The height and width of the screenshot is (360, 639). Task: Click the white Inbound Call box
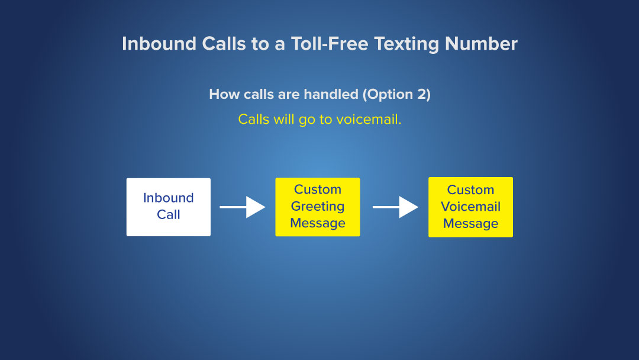(x=168, y=207)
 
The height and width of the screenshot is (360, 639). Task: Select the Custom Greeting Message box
(x=318, y=207)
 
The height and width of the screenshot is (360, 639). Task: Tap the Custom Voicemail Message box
(x=471, y=207)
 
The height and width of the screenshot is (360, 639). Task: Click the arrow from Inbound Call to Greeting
(x=243, y=207)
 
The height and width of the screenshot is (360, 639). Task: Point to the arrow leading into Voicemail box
(x=395, y=207)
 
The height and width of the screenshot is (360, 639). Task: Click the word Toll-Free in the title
(x=330, y=44)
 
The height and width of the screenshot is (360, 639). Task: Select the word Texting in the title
(x=406, y=44)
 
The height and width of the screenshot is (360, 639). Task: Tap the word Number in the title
(x=481, y=44)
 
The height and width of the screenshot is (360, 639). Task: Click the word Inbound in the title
(x=159, y=44)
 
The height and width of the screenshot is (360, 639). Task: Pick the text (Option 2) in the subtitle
(x=396, y=95)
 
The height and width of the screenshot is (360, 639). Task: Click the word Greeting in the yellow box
(x=318, y=207)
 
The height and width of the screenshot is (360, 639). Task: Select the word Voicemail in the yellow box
(x=471, y=206)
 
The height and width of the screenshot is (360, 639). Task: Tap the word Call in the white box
(x=168, y=214)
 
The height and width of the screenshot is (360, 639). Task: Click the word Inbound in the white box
(x=168, y=198)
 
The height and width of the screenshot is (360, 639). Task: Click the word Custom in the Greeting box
(x=318, y=189)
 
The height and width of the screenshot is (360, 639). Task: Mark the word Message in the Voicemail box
(x=471, y=224)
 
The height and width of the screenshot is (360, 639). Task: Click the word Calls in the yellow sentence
(x=253, y=120)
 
